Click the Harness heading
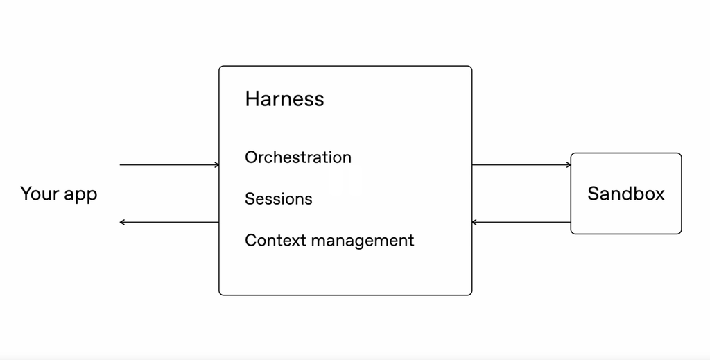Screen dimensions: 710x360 tap(284, 98)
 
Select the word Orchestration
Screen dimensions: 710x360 tap(298, 157)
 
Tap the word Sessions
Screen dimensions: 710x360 tap(279, 199)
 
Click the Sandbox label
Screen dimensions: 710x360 tap(626, 194)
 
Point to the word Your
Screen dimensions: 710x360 tap(40, 194)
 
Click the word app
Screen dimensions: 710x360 tap(80, 195)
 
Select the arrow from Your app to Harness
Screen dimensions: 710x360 tap(169, 165)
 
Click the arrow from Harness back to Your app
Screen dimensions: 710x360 tap(169, 222)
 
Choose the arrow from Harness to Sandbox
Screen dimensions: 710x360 tap(521, 165)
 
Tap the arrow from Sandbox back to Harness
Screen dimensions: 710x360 tap(521, 222)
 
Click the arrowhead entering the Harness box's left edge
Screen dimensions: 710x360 tap(217, 165)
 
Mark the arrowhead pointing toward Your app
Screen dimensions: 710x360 tap(122, 222)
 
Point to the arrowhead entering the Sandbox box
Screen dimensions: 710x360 tap(569, 165)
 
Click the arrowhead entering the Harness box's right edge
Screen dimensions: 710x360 tap(474, 222)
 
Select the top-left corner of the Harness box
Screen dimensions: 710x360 tap(220, 67)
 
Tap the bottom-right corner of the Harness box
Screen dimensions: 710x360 tap(471, 295)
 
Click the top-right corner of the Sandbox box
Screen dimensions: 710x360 tap(681, 154)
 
